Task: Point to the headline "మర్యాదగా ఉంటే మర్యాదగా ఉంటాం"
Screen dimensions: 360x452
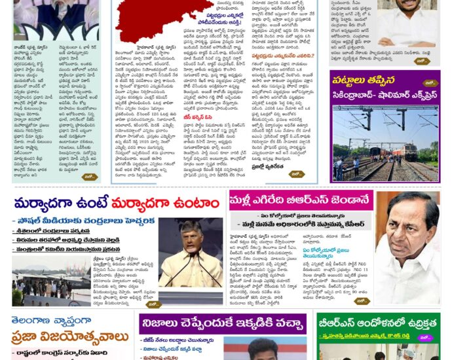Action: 117,203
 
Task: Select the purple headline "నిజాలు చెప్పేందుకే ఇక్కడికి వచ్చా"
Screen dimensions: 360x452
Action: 222,323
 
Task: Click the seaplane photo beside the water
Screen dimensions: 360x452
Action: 43,278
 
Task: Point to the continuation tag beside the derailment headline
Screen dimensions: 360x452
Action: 428,83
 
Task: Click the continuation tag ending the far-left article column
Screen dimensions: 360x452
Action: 89,177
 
